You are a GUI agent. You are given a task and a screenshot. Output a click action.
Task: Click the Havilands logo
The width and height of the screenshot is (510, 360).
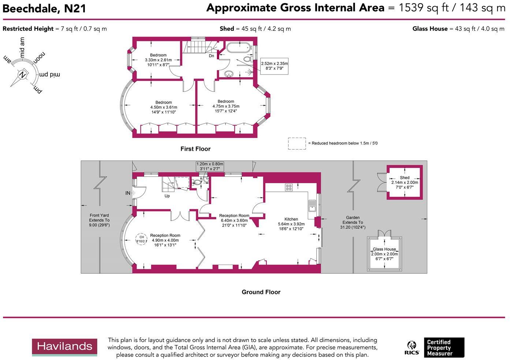tap(64, 347)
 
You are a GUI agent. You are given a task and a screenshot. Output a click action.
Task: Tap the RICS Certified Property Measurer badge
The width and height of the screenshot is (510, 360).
tap(434, 348)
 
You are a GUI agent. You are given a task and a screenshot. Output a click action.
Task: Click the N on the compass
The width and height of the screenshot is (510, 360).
tap(23, 75)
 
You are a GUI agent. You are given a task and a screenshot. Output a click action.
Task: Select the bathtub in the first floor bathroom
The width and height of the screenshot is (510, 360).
tap(239, 48)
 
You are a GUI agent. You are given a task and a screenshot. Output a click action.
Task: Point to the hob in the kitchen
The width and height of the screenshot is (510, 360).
tap(289, 187)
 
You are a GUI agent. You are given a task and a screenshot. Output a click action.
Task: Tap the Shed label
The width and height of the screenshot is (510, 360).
tap(405, 178)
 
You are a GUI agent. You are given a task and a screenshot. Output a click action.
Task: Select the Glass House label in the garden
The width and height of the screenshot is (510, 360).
tap(385, 249)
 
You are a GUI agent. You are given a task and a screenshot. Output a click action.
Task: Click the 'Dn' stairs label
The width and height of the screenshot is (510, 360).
tap(211, 56)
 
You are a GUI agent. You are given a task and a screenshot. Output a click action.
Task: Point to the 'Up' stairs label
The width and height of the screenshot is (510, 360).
tap(167, 196)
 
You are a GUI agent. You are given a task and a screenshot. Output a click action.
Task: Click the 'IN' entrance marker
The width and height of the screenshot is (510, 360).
tap(128, 193)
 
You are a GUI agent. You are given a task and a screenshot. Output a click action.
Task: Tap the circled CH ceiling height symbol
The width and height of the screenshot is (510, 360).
tap(142, 239)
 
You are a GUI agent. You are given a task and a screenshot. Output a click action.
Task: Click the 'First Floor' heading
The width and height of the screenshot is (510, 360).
tap(195, 149)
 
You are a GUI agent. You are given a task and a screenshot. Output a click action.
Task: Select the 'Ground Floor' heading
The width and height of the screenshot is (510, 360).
tap(261, 292)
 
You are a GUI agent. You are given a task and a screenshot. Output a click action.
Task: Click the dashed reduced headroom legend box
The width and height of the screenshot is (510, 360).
tap(297, 143)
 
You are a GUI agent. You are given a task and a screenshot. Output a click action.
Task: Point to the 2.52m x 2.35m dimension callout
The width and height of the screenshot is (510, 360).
tap(274, 66)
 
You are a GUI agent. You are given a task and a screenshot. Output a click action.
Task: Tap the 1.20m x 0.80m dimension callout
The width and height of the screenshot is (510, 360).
tap(210, 166)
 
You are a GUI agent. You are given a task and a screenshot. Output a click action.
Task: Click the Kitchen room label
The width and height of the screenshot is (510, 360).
tap(291, 219)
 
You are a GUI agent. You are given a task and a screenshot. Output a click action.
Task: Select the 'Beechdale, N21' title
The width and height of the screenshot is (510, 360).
tap(44, 8)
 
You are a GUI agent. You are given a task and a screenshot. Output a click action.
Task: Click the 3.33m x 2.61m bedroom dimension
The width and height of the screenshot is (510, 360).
tap(158, 60)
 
